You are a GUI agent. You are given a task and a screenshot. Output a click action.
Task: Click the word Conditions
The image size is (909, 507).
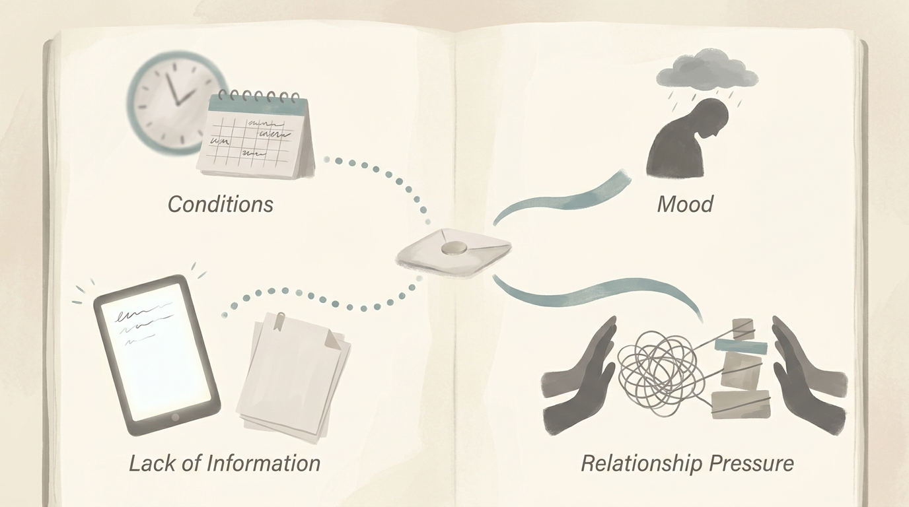(x=221, y=204)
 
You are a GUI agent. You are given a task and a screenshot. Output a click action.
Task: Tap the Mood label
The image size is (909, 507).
(x=685, y=204)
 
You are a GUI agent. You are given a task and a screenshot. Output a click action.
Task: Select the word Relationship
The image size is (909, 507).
(x=641, y=464)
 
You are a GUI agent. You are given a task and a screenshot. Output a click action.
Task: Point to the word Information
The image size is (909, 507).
(x=264, y=463)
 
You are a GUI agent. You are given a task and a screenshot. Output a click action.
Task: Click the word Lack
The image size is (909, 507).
(x=153, y=463)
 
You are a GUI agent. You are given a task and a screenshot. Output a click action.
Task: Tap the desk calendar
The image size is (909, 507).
(x=256, y=135)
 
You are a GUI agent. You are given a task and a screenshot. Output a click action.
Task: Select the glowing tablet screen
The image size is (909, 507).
(x=156, y=351)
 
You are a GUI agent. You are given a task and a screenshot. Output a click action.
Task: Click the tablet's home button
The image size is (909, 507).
(x=175, y=417)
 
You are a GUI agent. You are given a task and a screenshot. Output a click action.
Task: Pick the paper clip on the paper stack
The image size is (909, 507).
(x=279, y=320)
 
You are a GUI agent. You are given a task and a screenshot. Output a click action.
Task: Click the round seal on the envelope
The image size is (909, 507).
(x=454, y=248)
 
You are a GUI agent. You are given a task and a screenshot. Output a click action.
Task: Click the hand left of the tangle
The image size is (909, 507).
(x=580, y=377)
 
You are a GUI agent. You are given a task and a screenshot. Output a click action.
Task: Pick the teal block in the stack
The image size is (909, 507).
(x=741, y=346)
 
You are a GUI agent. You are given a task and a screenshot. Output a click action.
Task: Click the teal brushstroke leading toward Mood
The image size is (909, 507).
(x=562, y=199)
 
